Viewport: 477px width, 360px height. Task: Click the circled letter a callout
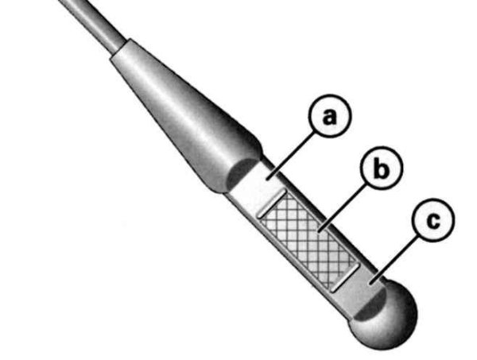[330, 116]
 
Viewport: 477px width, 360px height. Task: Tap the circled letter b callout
[382, 168]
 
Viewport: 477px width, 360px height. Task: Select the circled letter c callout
[433, 220]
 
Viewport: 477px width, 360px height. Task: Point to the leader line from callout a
[291, 155]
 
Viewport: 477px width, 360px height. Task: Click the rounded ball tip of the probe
[386, 316]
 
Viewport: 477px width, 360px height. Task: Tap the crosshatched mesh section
[308, 241]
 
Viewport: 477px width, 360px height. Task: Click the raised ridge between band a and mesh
[272, 203]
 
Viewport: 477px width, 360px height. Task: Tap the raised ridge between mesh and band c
[345, 277]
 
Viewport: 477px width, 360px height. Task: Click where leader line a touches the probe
[268, 179]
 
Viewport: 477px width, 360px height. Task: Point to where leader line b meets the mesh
[319, 232]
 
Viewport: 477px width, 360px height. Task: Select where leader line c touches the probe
[370, 284]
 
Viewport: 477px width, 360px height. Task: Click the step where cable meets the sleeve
[119, 48]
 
